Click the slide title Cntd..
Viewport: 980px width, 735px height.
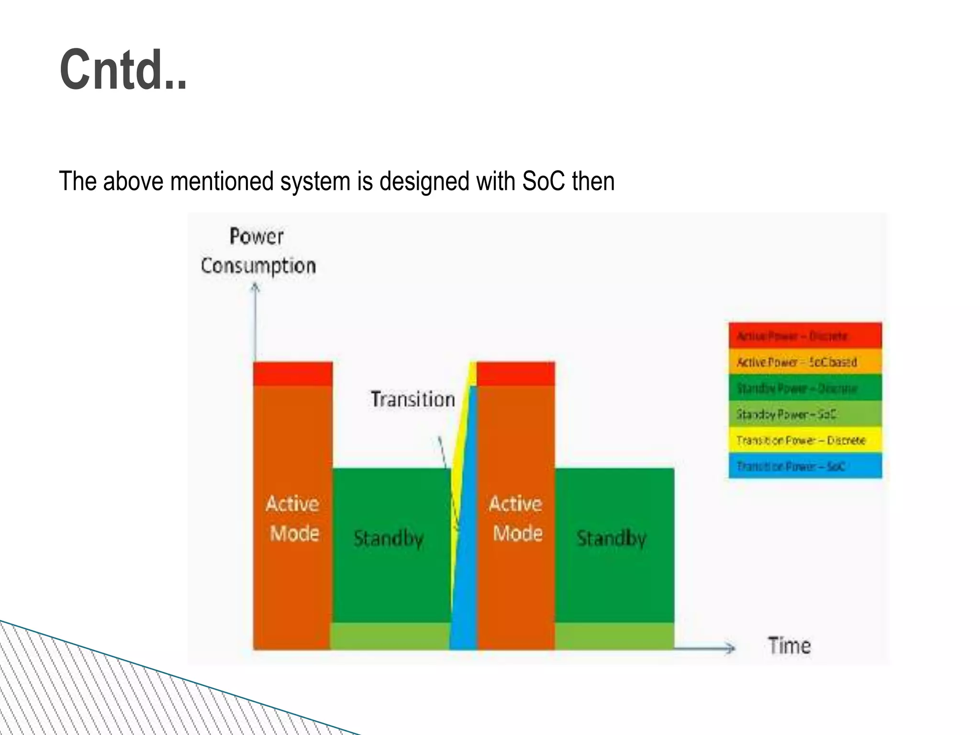123,70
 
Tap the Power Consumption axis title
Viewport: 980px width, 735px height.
258,251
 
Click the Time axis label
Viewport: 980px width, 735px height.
789,646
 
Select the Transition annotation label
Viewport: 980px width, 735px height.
412,400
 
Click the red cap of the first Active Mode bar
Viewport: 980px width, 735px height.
292,374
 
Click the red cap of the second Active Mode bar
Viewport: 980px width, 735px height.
516,374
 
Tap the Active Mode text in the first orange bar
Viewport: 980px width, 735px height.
293,518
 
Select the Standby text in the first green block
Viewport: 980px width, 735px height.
389,538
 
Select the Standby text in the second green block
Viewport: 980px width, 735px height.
612,538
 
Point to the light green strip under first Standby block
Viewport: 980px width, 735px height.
390,636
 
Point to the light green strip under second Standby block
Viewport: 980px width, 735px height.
614,636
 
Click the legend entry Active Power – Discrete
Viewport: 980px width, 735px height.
805,336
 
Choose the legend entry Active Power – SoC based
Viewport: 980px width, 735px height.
805,362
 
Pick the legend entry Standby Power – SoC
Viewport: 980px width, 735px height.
805,414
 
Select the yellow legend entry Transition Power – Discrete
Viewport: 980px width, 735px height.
805,440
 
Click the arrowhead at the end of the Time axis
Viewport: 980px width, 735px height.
731,648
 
